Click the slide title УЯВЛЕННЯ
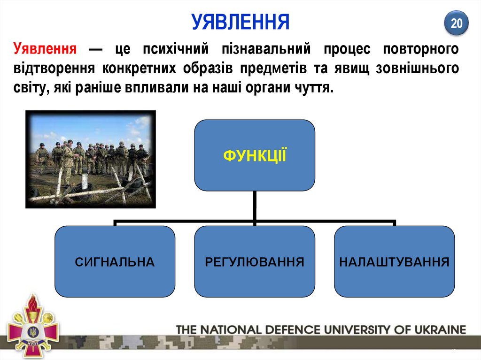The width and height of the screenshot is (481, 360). (240, 22)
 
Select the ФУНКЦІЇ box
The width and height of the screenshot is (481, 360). (255, 155)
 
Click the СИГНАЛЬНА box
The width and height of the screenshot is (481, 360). (115, 261)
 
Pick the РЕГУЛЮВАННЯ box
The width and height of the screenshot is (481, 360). (255, 261)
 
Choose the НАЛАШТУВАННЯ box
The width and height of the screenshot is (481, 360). (394, 261)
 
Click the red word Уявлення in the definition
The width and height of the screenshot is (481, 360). (46, 48)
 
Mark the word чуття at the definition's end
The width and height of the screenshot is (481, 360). (314, 88)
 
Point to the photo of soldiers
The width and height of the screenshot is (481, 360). (90, 159)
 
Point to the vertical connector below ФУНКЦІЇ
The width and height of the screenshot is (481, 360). (255, 205)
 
